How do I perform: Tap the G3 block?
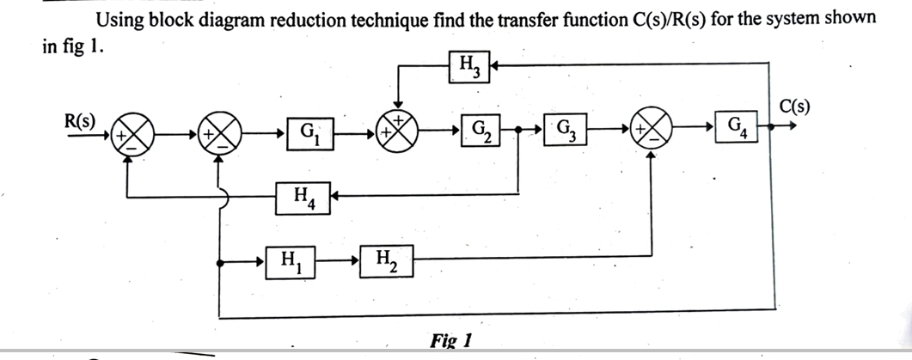tap(566, 133)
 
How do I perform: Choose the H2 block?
tap(385, 259)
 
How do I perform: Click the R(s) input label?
tap(81, 119)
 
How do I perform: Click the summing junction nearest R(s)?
tap(134, 135)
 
